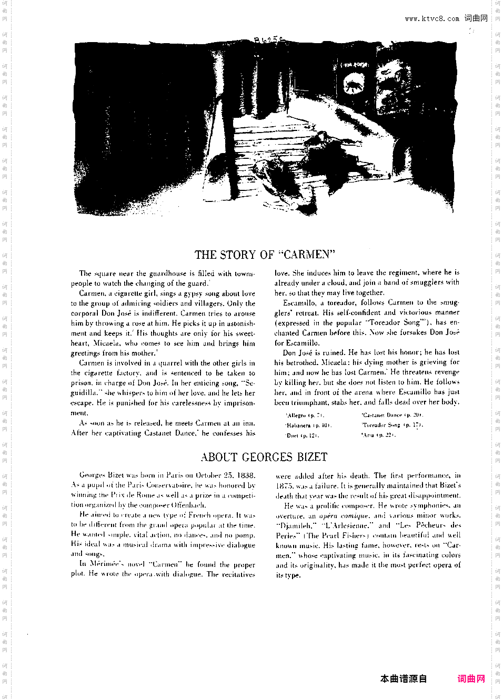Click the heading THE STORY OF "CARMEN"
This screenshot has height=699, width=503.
coord(265,255)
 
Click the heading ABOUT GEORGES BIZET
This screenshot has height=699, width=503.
coord(264,457)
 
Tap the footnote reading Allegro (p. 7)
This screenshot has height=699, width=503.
coord(305,416)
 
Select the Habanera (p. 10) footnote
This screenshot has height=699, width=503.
coord(308,426)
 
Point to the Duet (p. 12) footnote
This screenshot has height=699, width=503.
coord(303,435)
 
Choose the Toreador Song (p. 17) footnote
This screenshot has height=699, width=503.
coord(393,425)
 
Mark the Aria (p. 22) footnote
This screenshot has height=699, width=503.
coord(378,435)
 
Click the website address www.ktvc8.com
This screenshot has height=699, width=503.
coord(431,19)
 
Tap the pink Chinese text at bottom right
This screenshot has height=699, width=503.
coord(471,679)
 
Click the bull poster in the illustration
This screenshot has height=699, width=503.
coord(354,82)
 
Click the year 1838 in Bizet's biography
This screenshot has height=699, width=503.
coord(246,475)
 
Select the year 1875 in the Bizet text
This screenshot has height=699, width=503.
coord(284,485)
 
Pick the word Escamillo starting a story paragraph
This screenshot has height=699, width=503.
coord(299,303)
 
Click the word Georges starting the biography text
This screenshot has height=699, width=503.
coord(93,475)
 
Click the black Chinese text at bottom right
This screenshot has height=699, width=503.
coord(404,679)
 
